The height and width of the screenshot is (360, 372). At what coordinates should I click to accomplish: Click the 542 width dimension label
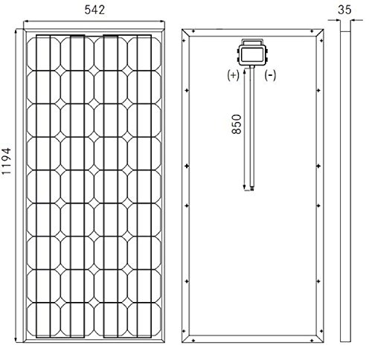pyautogui.click(x=94, y=10)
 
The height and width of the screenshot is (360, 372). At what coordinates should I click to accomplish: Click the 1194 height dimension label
pyautogui.click(x=7, y=161)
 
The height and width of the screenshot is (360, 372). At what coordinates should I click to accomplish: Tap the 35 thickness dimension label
pyautogui.click(x=344, y=10)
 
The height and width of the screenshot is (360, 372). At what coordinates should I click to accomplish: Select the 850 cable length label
pyautogui.click(x=237, y=124)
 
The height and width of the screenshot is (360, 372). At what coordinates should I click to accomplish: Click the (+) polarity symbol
pyautogui.click(x=233, y=75)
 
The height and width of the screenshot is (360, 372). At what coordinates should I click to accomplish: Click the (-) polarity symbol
pyautogui.click(x=270, y=75)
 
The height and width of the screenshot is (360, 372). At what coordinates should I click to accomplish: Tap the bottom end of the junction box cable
pyautogui.click(x=252, y=190)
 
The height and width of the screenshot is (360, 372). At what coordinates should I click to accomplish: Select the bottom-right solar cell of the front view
pyautogui.click(x=144, y=319)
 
